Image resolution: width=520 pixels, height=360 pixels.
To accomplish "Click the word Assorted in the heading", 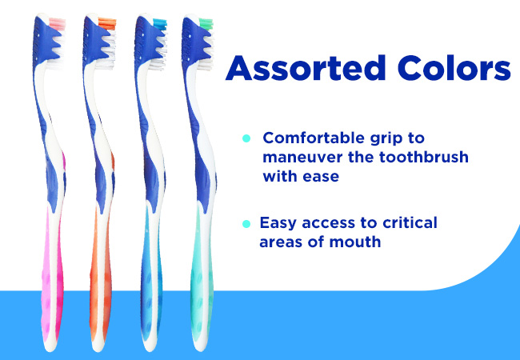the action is pos(306,68).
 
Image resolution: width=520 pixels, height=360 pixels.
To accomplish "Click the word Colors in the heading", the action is pos(454,68).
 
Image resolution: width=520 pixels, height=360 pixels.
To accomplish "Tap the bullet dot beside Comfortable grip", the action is pos(246,138).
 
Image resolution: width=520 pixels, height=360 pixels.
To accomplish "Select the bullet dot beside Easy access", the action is pos(246,224).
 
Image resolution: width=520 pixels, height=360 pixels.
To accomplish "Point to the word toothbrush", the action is pos(424,157).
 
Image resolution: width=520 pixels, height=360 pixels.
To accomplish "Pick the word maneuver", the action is pos(302,158).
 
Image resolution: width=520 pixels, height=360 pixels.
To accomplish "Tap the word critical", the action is pos(410,222).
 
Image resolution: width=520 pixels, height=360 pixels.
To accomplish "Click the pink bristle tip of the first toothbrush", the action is pos(58,24).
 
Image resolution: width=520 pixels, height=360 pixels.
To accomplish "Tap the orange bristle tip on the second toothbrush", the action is pos(107,24).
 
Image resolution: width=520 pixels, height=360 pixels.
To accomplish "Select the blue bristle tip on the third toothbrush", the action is pos(160,24).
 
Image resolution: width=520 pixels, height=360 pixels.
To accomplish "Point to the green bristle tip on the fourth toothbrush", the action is pos(206,24).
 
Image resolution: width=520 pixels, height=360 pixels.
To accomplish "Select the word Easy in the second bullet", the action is pos(278,223).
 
